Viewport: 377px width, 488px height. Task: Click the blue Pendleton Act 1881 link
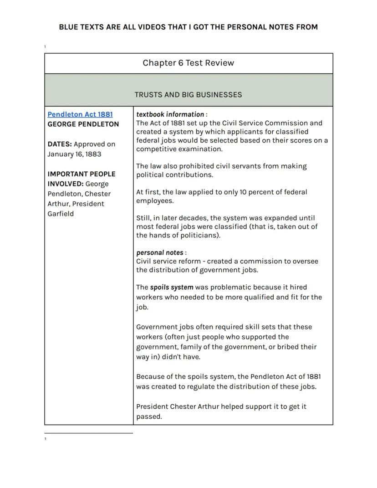[x=80, y=114]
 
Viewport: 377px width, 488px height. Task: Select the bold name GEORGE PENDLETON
[x=83, y=124]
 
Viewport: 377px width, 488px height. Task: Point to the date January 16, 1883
[x=74, y=154]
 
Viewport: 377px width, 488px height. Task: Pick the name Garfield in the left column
[x=61, y=214]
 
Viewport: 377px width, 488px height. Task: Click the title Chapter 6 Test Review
[x=188, y=63]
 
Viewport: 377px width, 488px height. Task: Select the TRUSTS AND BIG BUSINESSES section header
[x=188, y=95]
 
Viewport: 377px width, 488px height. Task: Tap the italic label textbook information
[x=170, y=114]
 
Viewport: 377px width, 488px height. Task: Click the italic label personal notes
[x=160, y=252]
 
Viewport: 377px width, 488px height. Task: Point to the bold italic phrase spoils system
[x=172, y=288]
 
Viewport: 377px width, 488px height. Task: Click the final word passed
[x=149, y=416]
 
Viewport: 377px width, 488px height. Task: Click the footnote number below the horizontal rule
[x=46, y=439]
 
